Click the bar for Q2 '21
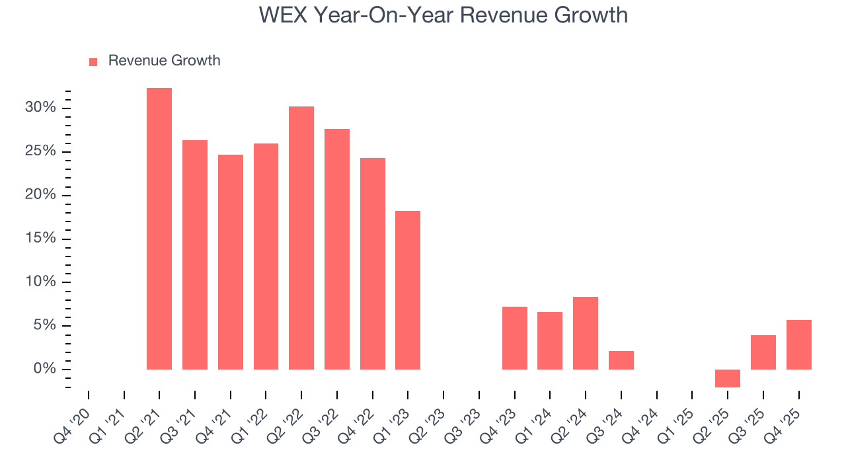pyautogui.click(x=159, y=229)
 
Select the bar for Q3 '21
pyautogui.click(x=195, y=255)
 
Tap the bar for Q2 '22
pyautogui.click(x=301, y=238)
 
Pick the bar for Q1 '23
pyautogui.click(x=408, y=290)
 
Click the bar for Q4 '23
pyautogui.click(x=515, y=338)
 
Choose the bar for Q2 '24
pyautogui.click(x=586, y=333)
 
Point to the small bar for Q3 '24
pyautogui.click(x=621, y=360)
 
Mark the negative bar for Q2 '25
pyautogui.click(x=728, y=378)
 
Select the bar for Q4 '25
pyautogui.click(x=799, y=344)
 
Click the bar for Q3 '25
pyautogui.click(x=763, y=352)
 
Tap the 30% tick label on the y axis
pyautogui.click(x=41, y=108)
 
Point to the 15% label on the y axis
pyautogui.click(x=41, y=239)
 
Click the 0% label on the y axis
pyautogui.click(x=44, y=369)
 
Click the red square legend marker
pyautogui.click(x=93, y=62)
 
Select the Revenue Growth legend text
pyautogui.click(x=164, y=61)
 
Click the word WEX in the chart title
pyautogui.click(x=282, y=15)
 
